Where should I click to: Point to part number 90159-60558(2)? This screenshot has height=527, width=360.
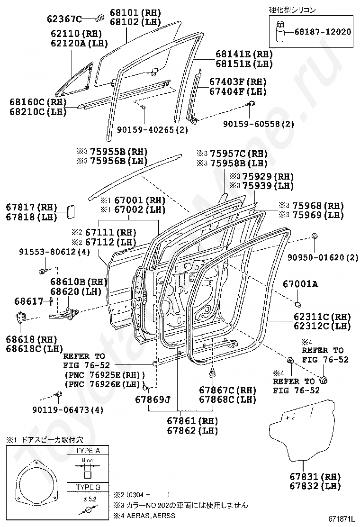(x=259, y=124)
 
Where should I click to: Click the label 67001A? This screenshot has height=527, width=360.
(x=300, y=284)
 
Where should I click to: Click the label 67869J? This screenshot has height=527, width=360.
(x=153, y=399)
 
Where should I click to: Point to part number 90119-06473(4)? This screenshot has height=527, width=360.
(x=68, y=409)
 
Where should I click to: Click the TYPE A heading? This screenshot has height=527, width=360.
(x=87, y=451)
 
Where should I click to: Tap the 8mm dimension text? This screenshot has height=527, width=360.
(x=87, y=460)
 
